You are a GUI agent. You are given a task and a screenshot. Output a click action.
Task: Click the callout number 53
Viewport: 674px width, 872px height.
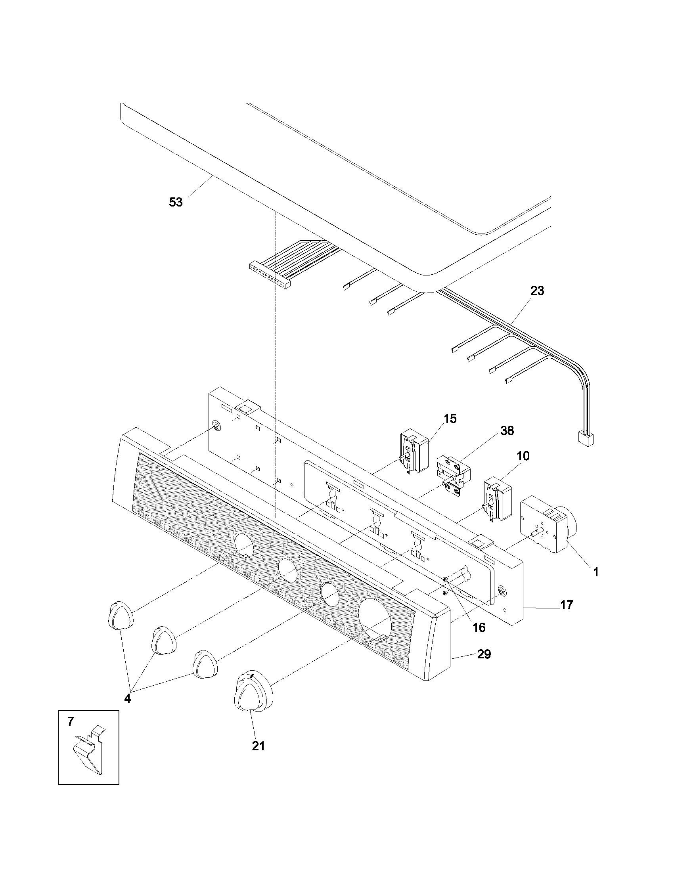pyautogui.click(x=176, y=203)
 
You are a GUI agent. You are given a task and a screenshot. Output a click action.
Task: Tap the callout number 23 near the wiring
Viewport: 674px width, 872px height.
pyautogui.click(x=537, y=291)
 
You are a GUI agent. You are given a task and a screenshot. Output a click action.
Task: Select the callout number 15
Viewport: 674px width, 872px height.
pyautogui.click(x=450, y=419)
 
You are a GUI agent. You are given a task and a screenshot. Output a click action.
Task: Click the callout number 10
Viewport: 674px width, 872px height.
pyautogui.click(x=523, y=456)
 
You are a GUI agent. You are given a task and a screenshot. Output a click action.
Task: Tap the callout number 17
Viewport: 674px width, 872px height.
pyautogui.click(x=567, y=605)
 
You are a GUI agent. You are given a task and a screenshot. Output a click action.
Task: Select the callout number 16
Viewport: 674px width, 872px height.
pyautogui.click(x=479, y=628)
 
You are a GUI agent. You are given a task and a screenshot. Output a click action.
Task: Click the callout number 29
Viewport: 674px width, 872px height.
pyautogui.click(x=484, y=654)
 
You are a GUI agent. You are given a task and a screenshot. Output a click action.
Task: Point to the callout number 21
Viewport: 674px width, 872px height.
pyautogui.click(x=258, y=746)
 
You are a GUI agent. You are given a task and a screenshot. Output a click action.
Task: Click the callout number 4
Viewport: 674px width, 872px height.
pyautogui.click(x=127, y=698)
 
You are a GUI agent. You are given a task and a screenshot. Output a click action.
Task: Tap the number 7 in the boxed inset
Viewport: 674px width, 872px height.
pyautogui.click(x=71, y=721)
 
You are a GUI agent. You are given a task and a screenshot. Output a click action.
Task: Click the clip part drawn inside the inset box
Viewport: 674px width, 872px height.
pyautogui.click(x=90, y=751)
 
